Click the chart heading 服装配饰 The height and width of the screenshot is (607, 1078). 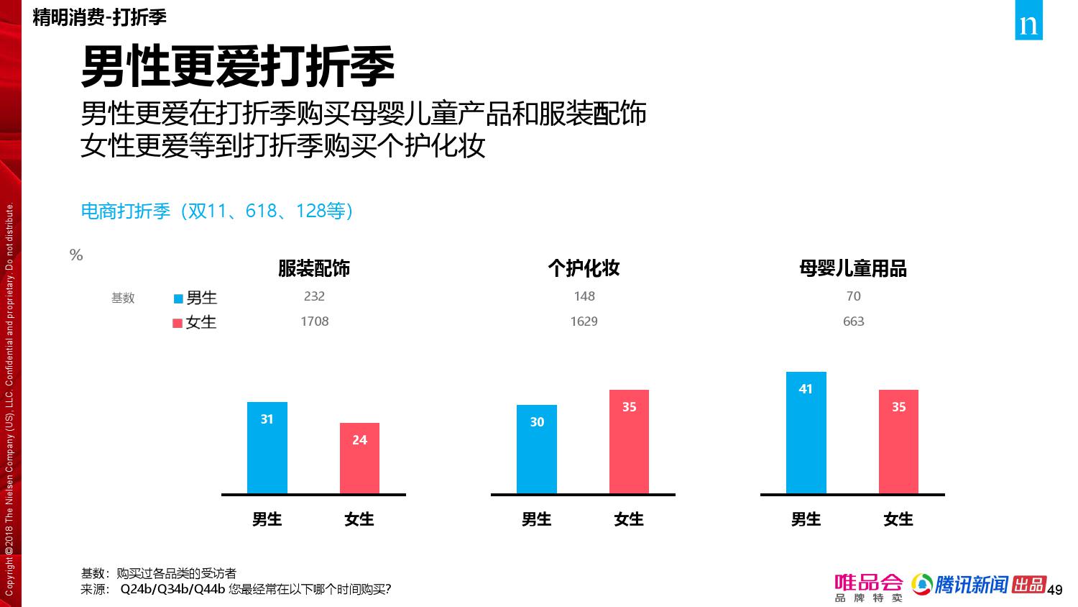click(x=314, y=269)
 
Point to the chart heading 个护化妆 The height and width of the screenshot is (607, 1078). click(x=584, y=269)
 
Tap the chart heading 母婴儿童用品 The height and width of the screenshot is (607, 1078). click(x=853, y=269)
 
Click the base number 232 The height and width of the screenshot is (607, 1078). click(x=314, y=296)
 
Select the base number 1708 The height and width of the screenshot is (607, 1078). click(x=314, y=321)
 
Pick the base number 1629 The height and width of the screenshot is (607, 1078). click(x=584, y=321)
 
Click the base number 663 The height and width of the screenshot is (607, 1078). click(x=853, y=321)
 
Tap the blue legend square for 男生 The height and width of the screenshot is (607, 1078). click(x=178, y=298)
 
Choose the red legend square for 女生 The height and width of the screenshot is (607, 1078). click(x=178, y=324)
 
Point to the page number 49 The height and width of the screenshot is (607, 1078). click(x=1055, y=590)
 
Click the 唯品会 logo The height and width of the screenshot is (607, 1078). click(x=868, y=587)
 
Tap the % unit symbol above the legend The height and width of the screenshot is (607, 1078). click(x=76, y=255)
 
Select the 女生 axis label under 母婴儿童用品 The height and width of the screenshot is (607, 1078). click(x=898, y=519)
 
